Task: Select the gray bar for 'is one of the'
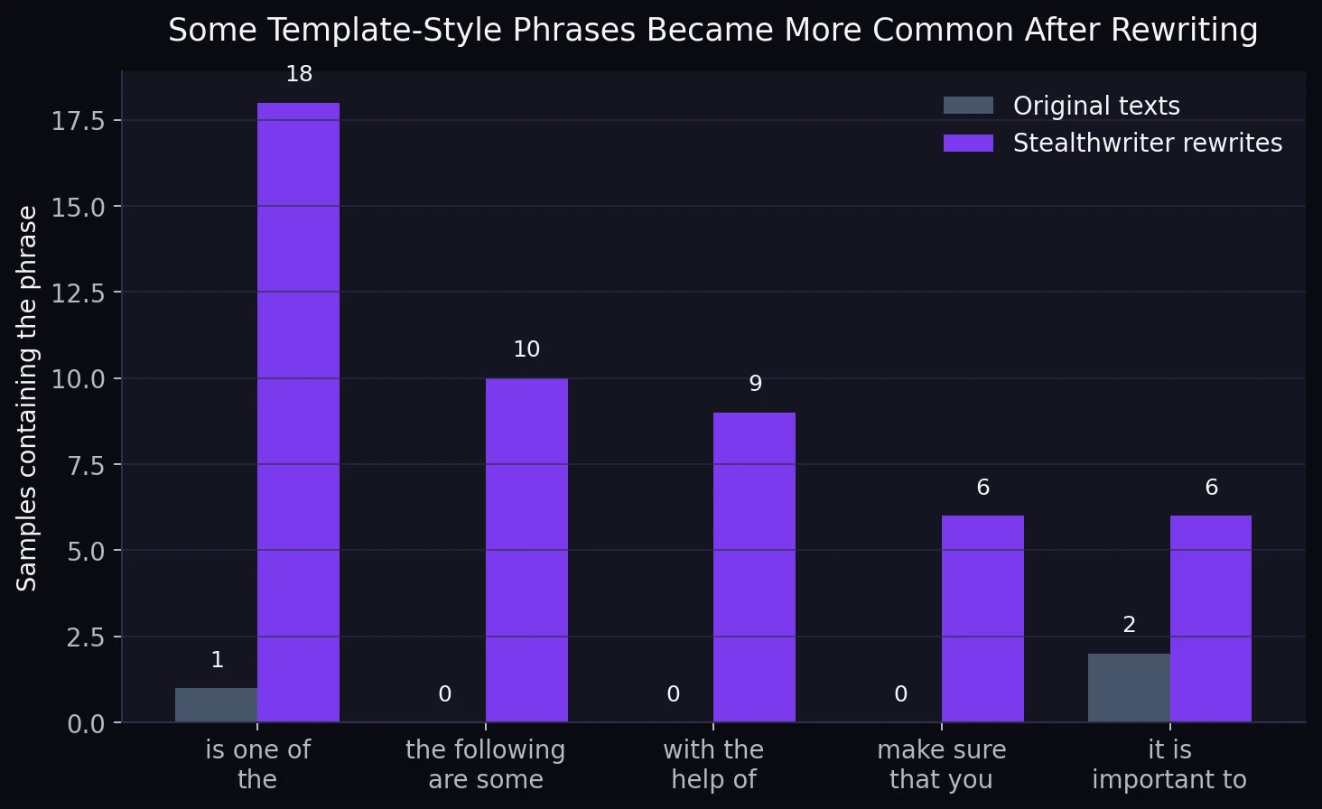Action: pos(216,705)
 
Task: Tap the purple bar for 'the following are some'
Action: pos(526,550)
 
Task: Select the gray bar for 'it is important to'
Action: pos(1129,688)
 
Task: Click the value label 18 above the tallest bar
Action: pos(299,74)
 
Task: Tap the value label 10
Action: pos(526,349)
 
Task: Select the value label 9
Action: pos(756,384)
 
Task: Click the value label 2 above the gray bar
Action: pos(1129,625)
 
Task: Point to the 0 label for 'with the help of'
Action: pos(673,694)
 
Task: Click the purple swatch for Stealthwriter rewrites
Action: pos(968,143)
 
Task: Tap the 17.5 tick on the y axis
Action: pos(78,121)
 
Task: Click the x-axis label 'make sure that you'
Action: pos(941,764)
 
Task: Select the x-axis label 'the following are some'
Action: pos(485,764)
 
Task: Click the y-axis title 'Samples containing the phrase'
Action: pos(28,398)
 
